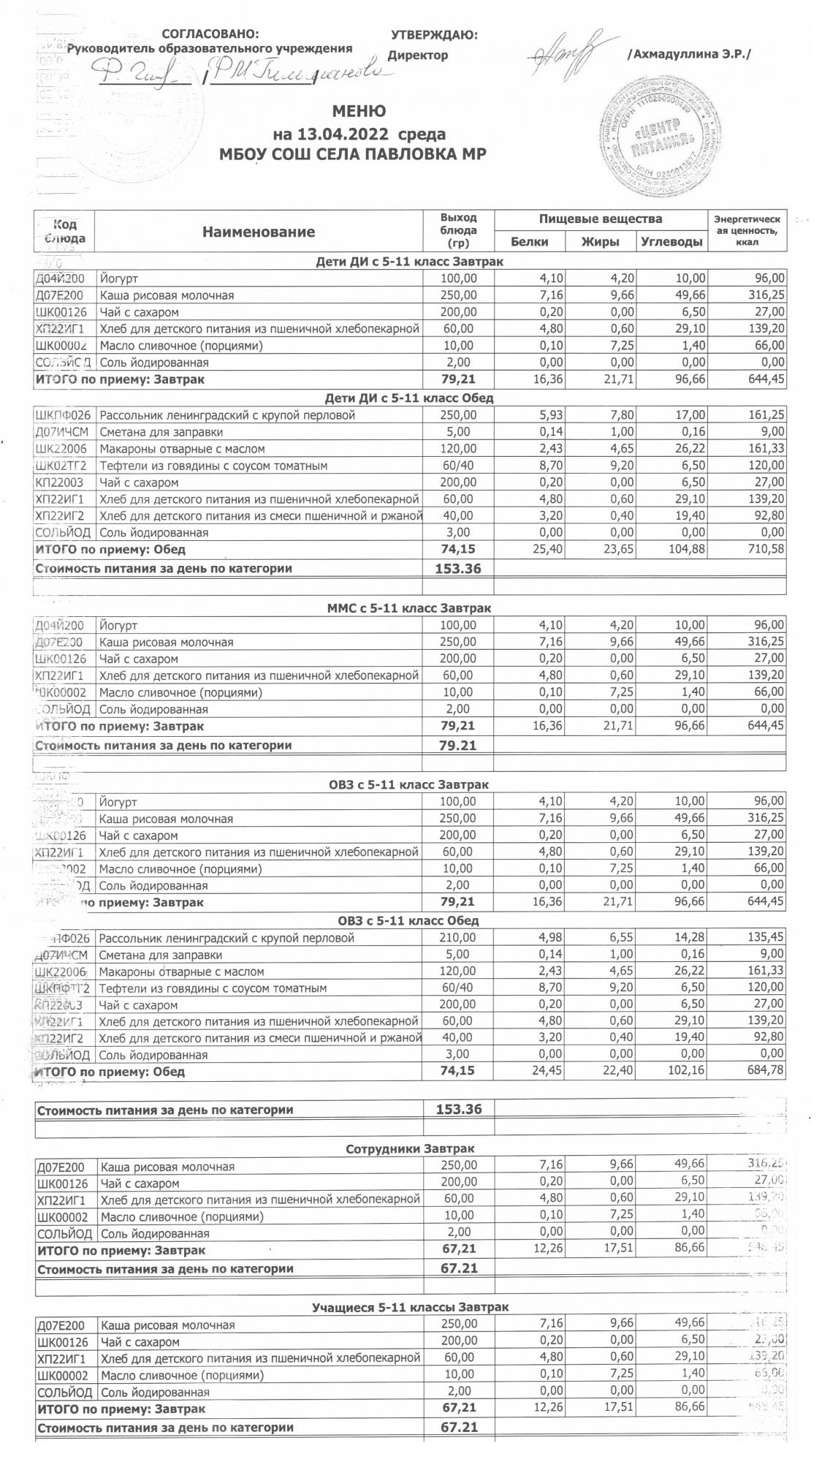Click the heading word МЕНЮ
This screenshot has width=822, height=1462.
[x=359, y=112]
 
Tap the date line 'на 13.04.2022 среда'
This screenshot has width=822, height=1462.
[x=359, y=134]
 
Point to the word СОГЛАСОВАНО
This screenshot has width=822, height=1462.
[x=210, y=34]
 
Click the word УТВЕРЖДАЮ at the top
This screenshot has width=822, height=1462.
[x=435, y=35]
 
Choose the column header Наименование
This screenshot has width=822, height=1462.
[x=259, y=232]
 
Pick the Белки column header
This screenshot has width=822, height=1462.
[x=529, y=242]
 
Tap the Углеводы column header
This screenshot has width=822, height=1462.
[x=671, y=242]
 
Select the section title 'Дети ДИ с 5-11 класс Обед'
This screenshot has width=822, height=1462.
[x=409, y=398]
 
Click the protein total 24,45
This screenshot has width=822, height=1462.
[x=547, y=1072]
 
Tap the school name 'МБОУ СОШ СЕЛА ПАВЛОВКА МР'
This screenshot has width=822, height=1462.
[x=353, y=154]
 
